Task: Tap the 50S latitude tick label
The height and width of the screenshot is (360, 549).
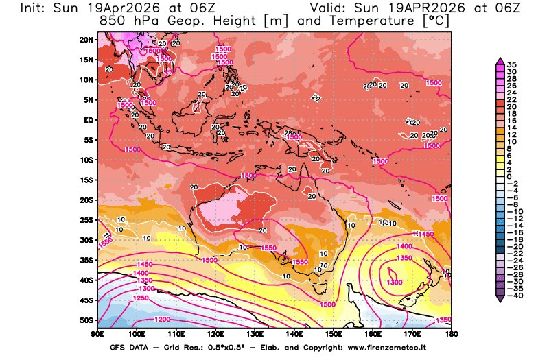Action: coord(87,320)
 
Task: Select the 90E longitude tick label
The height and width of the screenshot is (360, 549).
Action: coord(97,333)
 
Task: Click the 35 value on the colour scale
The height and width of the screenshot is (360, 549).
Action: coord(511,64)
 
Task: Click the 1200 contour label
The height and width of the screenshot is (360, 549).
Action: coord(163,320)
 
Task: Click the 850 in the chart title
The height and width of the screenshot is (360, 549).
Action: coord(112,21)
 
